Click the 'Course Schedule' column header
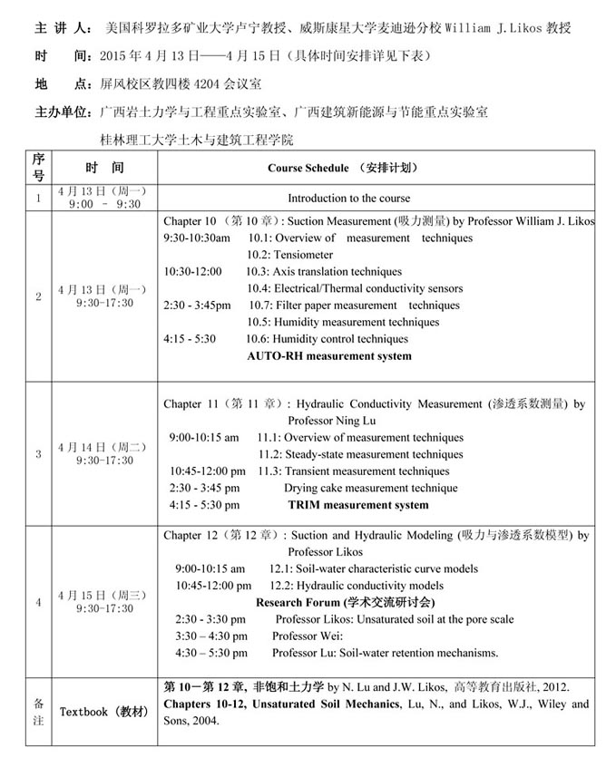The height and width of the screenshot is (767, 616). (x=343, y=169)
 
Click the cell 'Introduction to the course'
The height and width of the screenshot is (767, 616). (x=348, y=198)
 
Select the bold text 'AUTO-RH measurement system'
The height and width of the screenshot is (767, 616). (x=328, y=356)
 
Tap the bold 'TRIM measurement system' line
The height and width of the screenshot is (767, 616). (x=357, y=505)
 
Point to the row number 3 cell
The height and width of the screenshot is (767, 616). (x=38, y=453)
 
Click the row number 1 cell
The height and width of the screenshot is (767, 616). (x=38, y=198)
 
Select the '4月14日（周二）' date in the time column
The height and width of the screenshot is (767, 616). (x=104, y=447)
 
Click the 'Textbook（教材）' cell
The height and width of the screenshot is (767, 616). (x=104, y=712)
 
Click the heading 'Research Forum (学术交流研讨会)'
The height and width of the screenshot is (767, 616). (x=345, y=602)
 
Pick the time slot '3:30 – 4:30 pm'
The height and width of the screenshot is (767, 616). (x=211, y=636)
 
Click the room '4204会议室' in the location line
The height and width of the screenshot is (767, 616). (x=220, y=84)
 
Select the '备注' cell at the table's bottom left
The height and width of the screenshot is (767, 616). (x=38, y=710)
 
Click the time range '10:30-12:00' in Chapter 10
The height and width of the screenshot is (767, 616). (x=192, y=271)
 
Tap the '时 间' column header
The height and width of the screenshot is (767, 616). (x=104, y=169)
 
